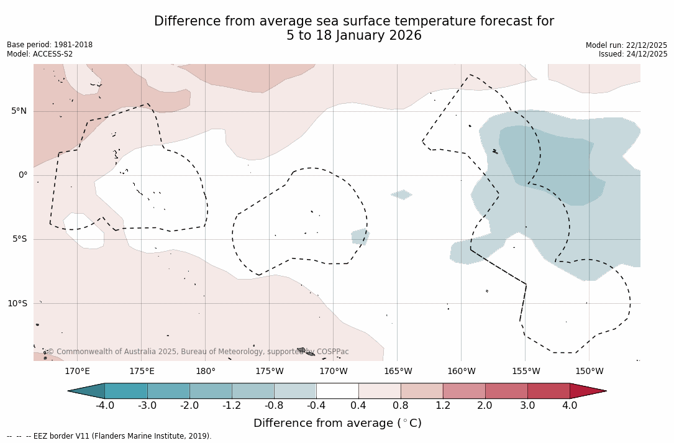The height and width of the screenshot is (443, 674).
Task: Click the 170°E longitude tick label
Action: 77,372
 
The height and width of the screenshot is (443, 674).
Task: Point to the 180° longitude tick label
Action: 206,372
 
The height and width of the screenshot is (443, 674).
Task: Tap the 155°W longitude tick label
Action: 526,372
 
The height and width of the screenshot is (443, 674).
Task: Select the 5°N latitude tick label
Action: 19,111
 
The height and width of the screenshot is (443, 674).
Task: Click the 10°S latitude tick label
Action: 17,304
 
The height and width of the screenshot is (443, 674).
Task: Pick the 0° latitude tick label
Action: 23,175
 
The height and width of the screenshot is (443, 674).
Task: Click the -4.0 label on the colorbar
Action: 105,406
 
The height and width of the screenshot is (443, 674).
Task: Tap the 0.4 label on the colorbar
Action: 358,406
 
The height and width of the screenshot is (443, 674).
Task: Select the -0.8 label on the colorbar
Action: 274,406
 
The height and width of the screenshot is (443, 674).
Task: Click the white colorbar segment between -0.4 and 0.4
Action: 337,391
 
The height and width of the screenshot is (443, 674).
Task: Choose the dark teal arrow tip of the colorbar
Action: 86,391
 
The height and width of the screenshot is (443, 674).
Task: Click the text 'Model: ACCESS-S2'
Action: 40,54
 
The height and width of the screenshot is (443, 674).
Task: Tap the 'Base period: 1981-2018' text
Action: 50,45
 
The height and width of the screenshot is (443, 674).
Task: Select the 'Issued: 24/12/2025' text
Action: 633,54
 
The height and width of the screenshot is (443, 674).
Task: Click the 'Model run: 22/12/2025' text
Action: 626,45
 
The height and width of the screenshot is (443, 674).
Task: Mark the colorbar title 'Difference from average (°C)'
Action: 337,423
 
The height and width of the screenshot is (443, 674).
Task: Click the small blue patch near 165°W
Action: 402,194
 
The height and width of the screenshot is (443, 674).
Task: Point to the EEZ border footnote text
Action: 109,436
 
